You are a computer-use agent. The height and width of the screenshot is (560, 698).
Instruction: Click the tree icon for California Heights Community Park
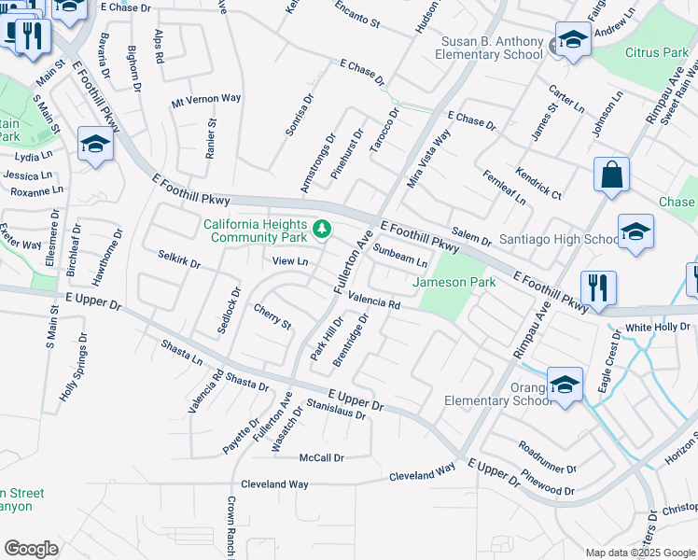click(322, 228)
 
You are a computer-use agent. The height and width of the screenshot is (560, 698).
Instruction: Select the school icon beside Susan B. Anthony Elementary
click(571, 40)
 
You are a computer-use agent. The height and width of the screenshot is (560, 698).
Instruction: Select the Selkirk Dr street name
click(179, 259)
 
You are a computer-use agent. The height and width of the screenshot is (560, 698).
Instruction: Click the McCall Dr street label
click(322, 458)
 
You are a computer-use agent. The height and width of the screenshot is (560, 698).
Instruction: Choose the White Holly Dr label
click(657, 328)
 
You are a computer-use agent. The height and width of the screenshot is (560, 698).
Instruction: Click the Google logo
click(31, 549)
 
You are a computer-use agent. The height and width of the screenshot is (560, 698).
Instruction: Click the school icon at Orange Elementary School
click(565, 384)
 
